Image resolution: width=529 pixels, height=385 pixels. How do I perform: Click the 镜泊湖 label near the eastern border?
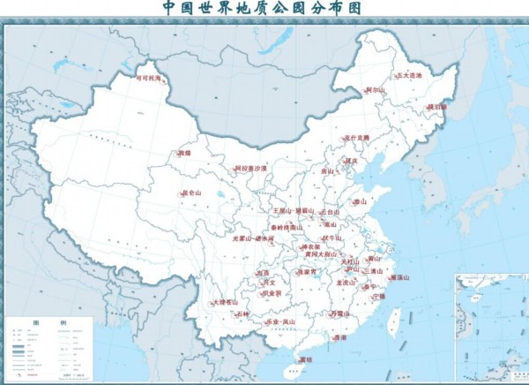[x=437, y=107]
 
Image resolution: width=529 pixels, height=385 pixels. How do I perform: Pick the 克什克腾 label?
[x=357, y=138]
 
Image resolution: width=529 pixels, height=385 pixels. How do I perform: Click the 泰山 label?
[x=359, y=201]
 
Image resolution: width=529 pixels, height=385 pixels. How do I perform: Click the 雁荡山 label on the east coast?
[x=399, y=278]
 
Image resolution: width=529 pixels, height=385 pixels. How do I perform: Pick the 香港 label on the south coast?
[x=339, y=337]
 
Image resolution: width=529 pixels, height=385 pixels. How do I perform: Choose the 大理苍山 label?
[x=226, y=302]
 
